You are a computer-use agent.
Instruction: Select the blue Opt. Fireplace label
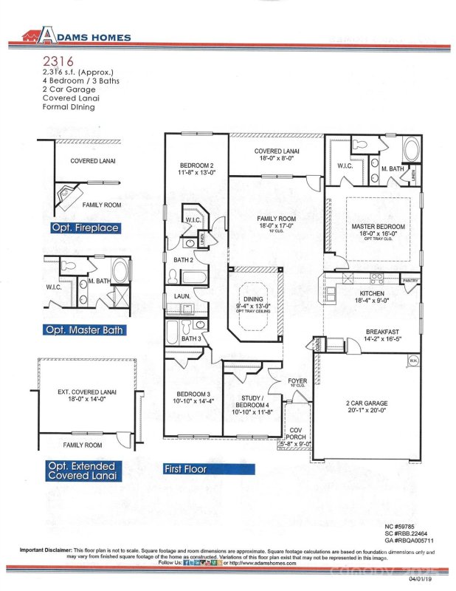85,228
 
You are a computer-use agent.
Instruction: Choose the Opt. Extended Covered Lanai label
83,471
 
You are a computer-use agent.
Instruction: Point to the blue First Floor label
186,468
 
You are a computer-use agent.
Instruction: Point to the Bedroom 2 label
197,168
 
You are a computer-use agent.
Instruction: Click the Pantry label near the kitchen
410,280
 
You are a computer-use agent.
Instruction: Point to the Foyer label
297,382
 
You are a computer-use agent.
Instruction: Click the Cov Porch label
297,435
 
